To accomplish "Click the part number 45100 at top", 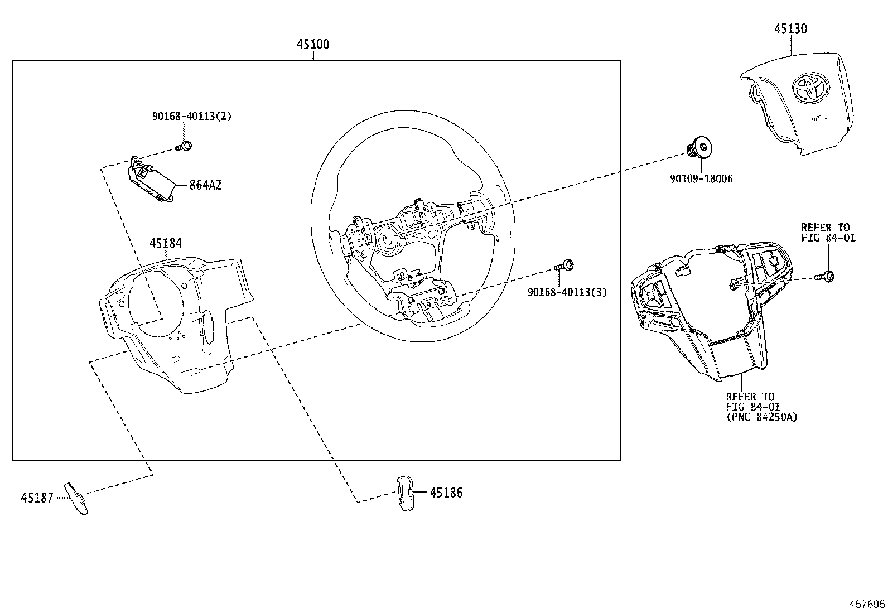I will tap(312, 45).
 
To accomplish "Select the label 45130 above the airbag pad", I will tap(790, 28).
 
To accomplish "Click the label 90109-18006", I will tap(701, 178).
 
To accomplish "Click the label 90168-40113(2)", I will tap(191, 117).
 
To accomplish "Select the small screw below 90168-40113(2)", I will tap(185, 147).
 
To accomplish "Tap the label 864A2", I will tap(205, 185).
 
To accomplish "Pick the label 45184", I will tap(165, 243).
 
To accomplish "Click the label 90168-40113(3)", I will tap(567, 292).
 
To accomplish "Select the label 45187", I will tap(37, 498).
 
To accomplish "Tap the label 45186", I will tap(446, 493).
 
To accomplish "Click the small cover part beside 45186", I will tap(406, 493).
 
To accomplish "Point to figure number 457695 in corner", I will tap(867, 604).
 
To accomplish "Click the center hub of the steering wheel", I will tap(386, 239).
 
